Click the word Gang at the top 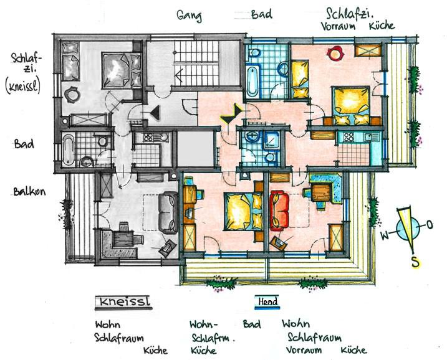(189, 16)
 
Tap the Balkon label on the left (29, 191)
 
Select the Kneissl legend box (123, 302)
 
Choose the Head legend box (267, 302)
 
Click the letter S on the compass (416, 262)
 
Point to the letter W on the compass (385, 235)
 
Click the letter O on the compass (430, 225)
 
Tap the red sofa (279, 211)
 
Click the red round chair (335, 54)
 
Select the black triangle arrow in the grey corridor (156, 113)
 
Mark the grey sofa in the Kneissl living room (168, 212)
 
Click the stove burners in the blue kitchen (348, 137)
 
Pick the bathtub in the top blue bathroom (253, 82)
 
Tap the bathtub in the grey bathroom (69, 150)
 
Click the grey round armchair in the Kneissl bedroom (72, 94)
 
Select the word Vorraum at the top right (339, 26)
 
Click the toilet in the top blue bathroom (254, 53)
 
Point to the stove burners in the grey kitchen (148, 138)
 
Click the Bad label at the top (261, 14)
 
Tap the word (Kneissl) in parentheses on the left (23, 86)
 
